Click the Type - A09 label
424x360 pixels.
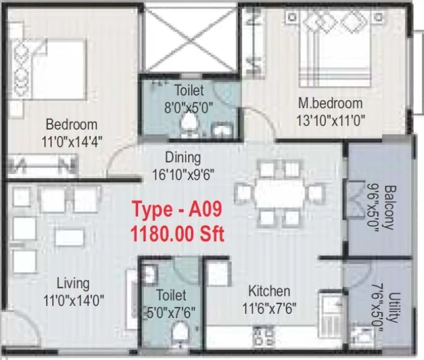[x=177, y=210]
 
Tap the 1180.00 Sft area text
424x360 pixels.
[x=177, y=233]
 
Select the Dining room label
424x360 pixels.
[x=184, y=158]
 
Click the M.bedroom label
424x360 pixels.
[x=330, y=103]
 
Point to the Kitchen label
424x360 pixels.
[x=269, y=292]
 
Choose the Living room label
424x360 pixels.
[x=73, y=283]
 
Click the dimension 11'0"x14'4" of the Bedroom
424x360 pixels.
[x=71, y=142]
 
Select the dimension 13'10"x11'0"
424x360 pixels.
[x=330, y=119]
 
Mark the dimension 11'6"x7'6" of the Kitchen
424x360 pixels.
[x=269, y=309]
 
